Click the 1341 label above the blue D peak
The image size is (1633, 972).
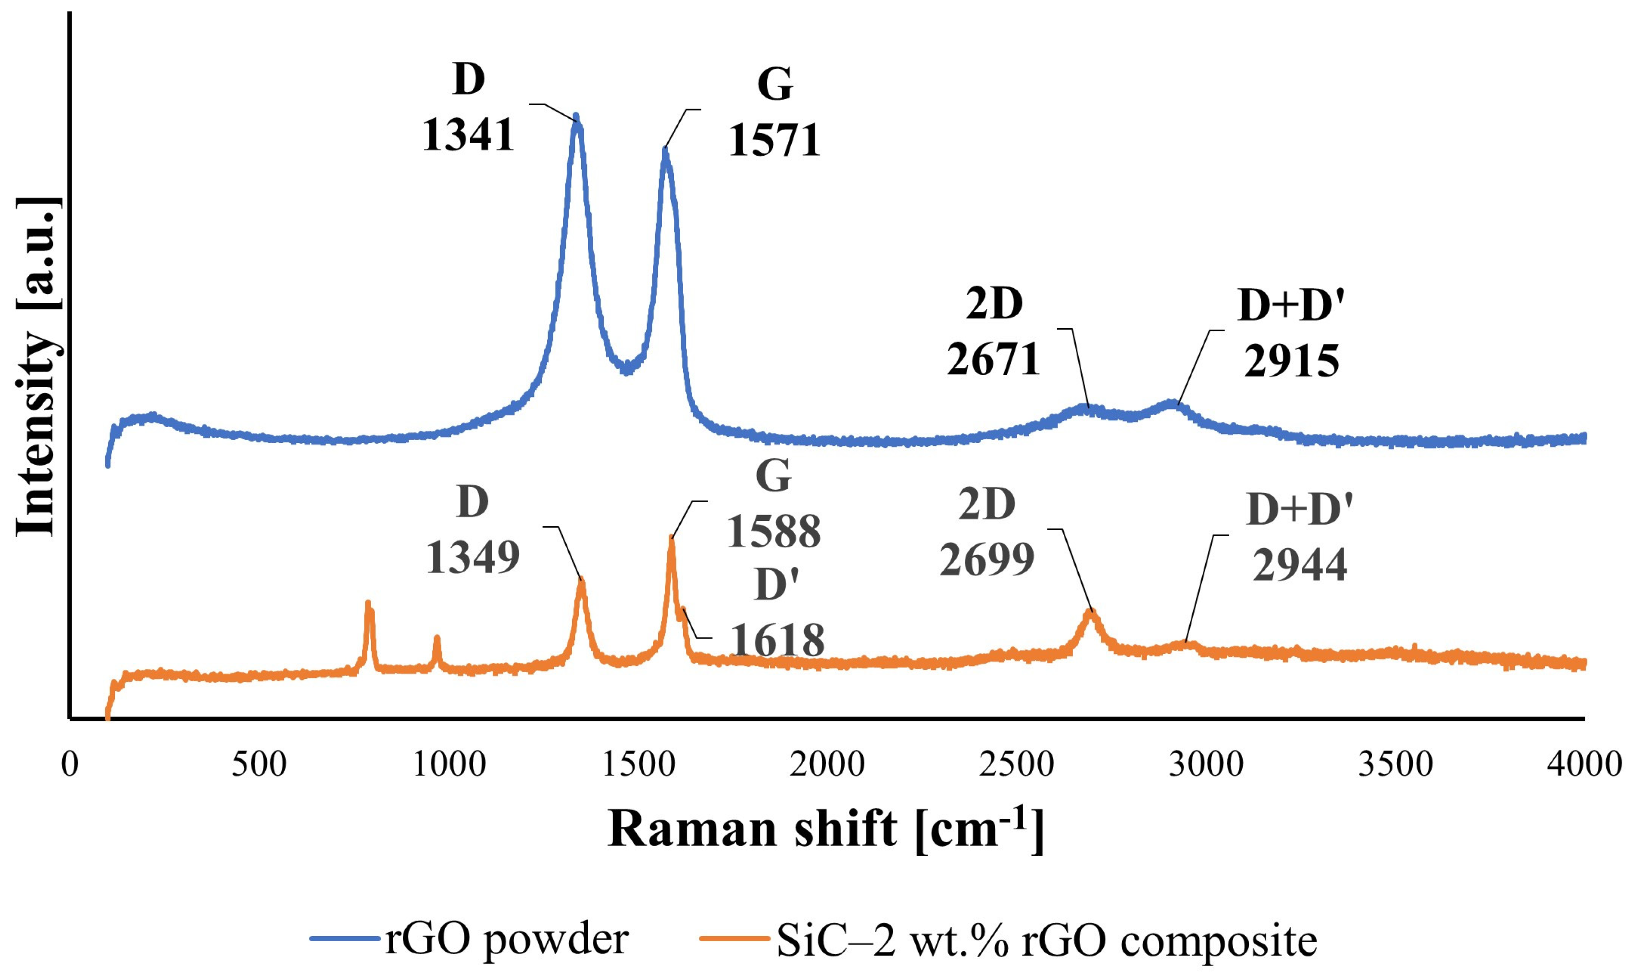[468, 135]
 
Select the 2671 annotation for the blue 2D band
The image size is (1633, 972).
[994, 359]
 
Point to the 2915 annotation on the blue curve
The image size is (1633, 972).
[1291, 361]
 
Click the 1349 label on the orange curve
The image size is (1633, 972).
[473, 558]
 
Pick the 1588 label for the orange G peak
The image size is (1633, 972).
[773, 531]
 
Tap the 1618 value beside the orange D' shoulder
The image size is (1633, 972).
[777, 640]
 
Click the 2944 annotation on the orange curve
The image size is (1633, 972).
[1299, 565]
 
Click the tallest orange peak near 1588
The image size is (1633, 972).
[671, 539]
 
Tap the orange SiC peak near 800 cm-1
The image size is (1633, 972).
[368, 604]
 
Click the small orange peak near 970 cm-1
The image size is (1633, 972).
[436, 638]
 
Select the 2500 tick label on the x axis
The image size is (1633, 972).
[1016, 764]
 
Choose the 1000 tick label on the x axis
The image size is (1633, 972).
[449, 764]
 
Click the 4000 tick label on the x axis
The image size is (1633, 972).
[1583, 764]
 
